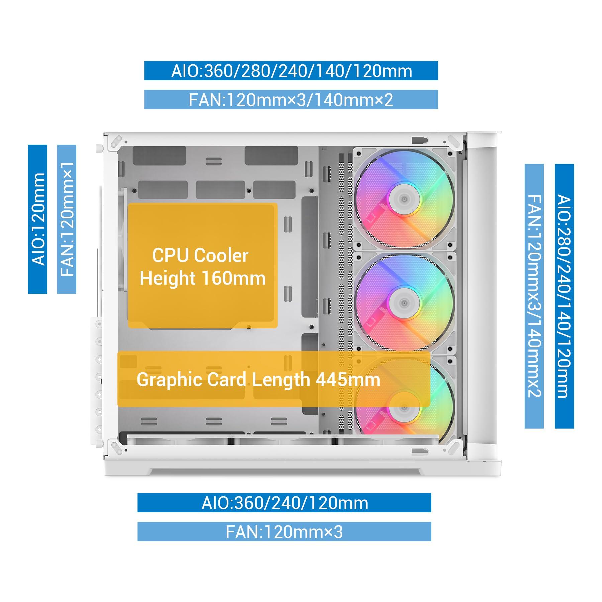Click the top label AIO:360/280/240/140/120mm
coord(291,71)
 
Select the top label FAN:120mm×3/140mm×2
coord(291,99)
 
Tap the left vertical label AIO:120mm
coord(38,219)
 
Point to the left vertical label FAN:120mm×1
coord(67,219)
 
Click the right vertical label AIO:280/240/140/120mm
coord(564,296)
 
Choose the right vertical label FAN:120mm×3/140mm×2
coord(534,296)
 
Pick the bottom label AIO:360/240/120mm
coord(284,503)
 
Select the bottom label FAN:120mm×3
coord(284,532)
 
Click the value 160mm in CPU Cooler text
coord(233,278)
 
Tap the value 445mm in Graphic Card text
coord(348,380)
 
